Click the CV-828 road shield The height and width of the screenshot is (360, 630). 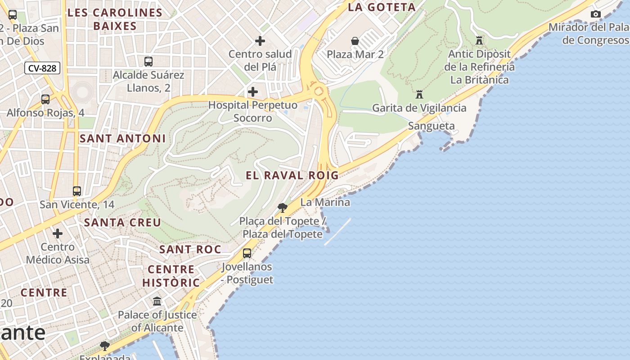[x=42, y=68]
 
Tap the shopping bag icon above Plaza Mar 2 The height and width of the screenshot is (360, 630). [x=355, y=41]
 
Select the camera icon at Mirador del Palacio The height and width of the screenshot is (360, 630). [x=595, y=14]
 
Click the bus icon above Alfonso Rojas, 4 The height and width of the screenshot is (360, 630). [x=45, y=99]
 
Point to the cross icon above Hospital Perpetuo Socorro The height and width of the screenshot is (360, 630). [x=253, y=92]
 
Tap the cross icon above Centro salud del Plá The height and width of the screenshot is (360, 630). [x=260, y=41]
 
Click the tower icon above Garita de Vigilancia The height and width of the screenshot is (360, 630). [x=419, y=94]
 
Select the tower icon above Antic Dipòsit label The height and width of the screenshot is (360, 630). [x=479, y=40]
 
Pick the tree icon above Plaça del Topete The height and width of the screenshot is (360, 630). [x=283, y=207]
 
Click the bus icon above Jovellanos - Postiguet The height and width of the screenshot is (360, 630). [x=247, y=253]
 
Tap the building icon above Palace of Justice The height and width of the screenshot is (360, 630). [x=157, y=301]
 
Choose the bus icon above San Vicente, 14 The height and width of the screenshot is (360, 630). [x=77, y=191]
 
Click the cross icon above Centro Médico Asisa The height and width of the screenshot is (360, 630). [x=58, y=234]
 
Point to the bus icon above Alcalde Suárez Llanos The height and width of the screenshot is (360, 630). [x=148, y=62]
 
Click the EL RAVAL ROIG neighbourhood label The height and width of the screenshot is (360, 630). [x=292, y=175]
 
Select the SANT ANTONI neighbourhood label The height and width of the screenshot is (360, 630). [x=122, y=139]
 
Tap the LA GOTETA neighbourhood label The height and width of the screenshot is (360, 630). [x=382, y=7]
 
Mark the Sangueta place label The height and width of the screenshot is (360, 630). [x=431, y=126]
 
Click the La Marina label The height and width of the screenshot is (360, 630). [x=325, y=202]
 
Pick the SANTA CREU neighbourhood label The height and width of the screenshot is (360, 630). [x=122, y=222]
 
